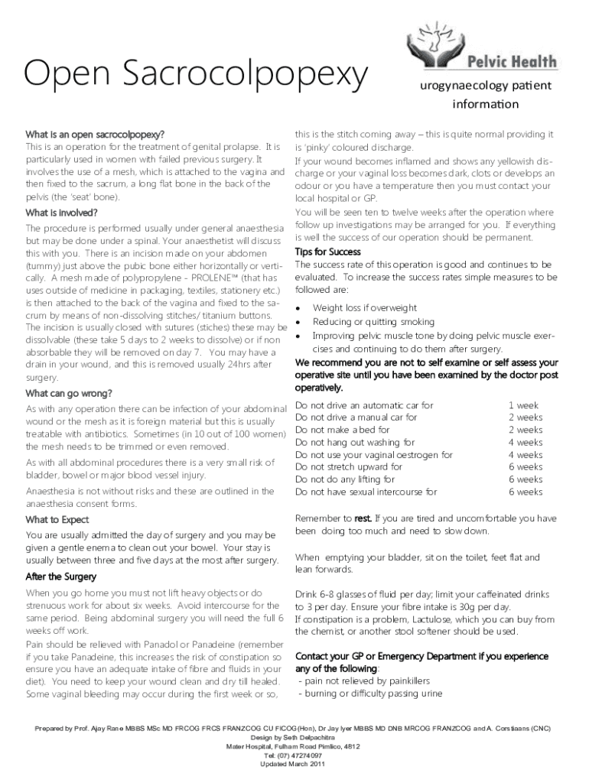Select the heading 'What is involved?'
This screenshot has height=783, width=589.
pos(61,212)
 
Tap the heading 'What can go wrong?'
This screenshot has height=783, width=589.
pos(69,393)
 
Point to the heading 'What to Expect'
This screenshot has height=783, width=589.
pos(57,520)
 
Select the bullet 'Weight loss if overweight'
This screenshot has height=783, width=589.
pos(365,307)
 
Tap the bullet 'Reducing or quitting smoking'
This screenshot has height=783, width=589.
pos(373,322)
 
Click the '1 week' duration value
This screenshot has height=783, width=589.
pos(523,405)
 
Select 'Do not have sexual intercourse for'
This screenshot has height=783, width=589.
pos(366,492)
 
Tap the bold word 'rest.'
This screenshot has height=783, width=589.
pos(363,518)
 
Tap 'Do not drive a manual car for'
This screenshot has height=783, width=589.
pos(356,417)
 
